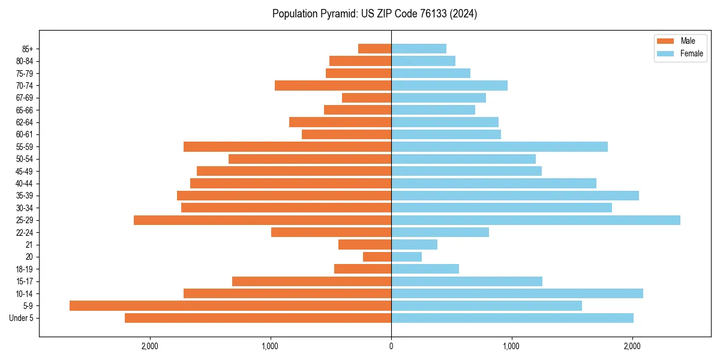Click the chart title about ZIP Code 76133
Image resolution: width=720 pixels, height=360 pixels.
coord(374,14)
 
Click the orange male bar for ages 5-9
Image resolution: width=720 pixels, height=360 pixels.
coord(230,306)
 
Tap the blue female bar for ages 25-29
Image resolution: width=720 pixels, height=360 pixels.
coord(536,220)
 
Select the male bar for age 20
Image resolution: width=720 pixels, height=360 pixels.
coord(377,257)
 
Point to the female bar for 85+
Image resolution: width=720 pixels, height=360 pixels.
coord(419,49)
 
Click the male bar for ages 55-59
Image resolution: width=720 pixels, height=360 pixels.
coord(287,147)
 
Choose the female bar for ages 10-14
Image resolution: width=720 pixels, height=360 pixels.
coord(517,293)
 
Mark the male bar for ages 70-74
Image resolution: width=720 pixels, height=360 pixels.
coord(333,86)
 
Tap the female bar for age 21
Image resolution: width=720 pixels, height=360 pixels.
coord(414,245)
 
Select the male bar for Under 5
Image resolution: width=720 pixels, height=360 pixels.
coord(258,318)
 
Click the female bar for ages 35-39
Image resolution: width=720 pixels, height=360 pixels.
coord(515,196)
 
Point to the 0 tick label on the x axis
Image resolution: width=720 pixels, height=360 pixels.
coord(391,346)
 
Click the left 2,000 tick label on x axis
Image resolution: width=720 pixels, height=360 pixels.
coord(149,346)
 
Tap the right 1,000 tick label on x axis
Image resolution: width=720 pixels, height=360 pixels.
coord(512,346)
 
